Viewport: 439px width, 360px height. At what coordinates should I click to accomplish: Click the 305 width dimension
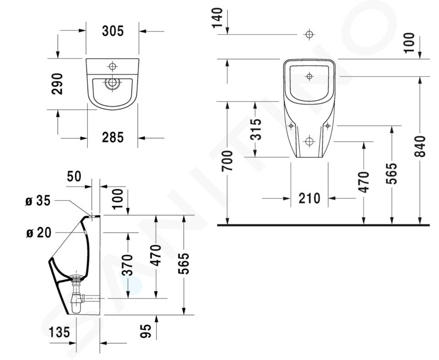point(112,31)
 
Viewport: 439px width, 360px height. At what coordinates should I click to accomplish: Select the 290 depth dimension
point(58,84)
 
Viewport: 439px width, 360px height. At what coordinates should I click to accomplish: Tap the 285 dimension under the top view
point(112,137)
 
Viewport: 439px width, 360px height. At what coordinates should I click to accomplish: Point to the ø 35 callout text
point(38,201)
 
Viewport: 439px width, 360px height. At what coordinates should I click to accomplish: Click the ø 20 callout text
point(38,232)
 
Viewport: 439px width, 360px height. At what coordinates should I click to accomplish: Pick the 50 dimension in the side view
point(74,176)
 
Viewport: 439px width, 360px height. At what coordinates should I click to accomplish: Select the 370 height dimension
point(128,265)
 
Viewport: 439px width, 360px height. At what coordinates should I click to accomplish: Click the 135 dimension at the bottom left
point(59,332)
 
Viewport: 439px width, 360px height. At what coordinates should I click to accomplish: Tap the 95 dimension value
point(146,331)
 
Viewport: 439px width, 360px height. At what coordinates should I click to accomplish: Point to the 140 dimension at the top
point(217,18)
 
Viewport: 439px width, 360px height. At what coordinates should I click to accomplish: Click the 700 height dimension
point(227,161)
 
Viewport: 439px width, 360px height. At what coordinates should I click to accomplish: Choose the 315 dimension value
point(256,129)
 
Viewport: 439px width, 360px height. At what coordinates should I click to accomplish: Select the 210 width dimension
point(309,199)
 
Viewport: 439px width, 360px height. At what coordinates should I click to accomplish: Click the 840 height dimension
point(420,146)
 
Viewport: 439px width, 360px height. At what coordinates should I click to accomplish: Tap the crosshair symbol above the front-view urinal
point(309,34)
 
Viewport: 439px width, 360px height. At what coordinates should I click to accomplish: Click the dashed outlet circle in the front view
point(309,141)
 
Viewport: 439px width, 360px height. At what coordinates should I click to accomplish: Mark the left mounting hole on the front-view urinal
point(291,126)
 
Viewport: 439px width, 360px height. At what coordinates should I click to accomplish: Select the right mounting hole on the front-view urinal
point(327,126)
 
